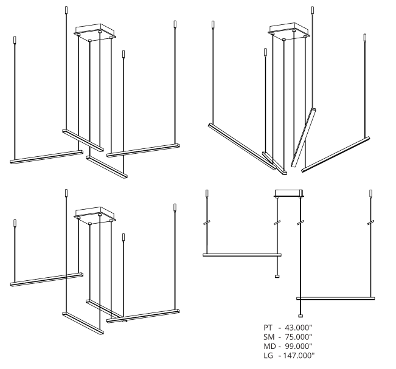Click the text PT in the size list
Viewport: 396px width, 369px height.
(x=268, y=328)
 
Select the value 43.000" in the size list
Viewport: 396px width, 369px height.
(x=299, y=328)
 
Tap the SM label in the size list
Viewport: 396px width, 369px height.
(x=269, y=337)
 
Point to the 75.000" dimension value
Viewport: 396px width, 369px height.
(x=299, y=337)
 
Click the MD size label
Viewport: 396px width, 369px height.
(x=269, y=346)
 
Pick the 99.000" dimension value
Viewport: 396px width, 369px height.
(x=299, y=346)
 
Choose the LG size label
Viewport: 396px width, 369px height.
(x=268, y=356)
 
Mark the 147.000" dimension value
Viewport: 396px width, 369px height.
(x=299, y=356)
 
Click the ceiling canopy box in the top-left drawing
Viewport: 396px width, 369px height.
(x=96, y=32)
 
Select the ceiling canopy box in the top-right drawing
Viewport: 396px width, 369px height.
(x=290, y=31)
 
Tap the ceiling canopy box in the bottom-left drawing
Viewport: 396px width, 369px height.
(x=96, y=215)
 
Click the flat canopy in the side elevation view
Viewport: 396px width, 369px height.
(x=289, y=193)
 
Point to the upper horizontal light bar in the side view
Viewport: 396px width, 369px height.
(x=242, y=255)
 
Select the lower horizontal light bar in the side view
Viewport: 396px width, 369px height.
(x=336, y=298)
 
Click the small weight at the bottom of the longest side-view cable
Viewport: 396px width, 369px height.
(x=300, y=316)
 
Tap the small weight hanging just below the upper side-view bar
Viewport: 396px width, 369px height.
(x=277, y=277)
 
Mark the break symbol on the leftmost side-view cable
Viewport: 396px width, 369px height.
(x=207, y=222)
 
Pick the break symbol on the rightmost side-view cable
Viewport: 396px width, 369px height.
(x=370, y=222)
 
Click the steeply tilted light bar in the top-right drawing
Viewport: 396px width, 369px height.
(x=304, y=137)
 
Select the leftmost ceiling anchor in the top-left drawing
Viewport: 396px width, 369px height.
(x=15, y=40)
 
